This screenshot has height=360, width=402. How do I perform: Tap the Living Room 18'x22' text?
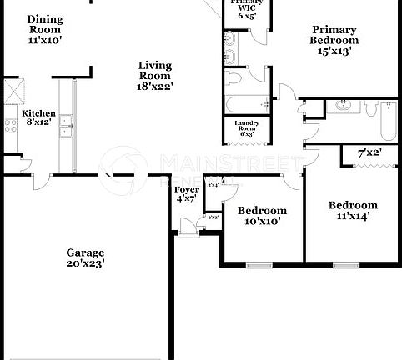(154, 75)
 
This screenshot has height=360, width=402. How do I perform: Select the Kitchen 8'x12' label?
(38, 118)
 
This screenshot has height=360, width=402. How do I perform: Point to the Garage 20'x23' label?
(86, 257)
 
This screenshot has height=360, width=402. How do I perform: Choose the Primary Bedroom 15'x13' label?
(334, 40)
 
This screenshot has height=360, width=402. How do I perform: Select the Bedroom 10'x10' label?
(263, 216)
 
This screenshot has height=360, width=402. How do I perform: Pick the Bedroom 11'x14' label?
(353, 210)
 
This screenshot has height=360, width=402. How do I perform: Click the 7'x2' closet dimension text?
(368, 153)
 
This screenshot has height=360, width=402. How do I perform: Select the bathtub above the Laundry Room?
(246, 106)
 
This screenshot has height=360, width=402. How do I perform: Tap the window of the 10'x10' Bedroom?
(259, 266)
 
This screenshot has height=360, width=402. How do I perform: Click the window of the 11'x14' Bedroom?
(345, 266)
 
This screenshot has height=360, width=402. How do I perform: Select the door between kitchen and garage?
(25, 165)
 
